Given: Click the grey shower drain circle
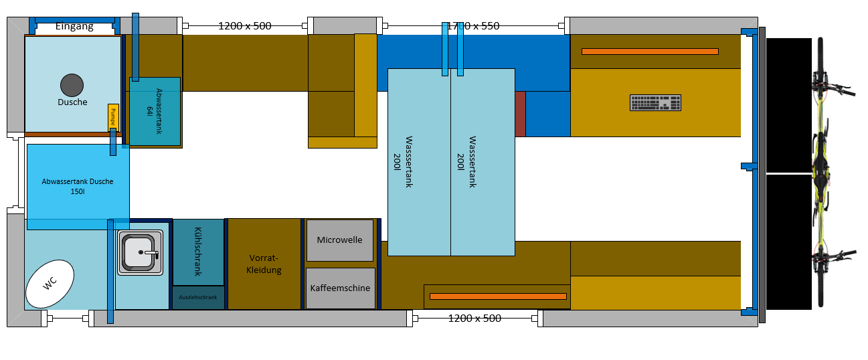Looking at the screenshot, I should [x=72, y=85].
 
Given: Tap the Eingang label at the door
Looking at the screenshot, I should [x=74, y=27].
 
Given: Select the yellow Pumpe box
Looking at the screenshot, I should [x=113, y=116].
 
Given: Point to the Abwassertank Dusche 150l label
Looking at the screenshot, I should [x=78, y=186].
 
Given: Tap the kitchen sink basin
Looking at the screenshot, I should [x=141, y=252].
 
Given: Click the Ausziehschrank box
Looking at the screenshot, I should [x=199, y=297].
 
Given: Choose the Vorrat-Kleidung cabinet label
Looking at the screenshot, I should [x=264, y=264].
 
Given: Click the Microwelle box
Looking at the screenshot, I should [x=339, y=240].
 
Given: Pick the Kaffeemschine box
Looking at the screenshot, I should [x=340, y=288].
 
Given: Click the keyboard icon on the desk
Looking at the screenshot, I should [x=655, y=102].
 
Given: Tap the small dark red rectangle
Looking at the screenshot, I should [x=520, y=114].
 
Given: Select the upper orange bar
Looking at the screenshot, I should [x=649, y=52].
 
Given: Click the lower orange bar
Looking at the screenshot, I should [x=498, y=296].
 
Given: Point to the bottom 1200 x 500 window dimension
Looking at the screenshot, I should [x=474, y=318].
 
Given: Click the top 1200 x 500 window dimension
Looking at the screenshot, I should [x=244, y=26].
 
